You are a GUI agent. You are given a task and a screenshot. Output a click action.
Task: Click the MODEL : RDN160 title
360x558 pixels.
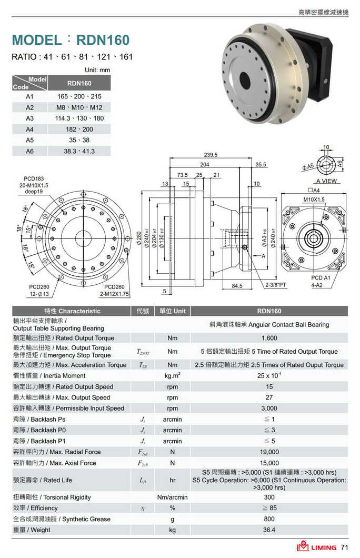click(71, 40)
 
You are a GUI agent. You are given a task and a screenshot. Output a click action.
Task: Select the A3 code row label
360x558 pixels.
click(29, 118)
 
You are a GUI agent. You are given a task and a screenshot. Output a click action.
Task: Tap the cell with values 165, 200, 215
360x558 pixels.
click(79, 97)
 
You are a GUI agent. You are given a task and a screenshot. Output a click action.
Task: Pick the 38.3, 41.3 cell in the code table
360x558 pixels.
click(79, 151)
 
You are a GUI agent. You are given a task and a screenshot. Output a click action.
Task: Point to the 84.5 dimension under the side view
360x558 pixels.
click(237, 286)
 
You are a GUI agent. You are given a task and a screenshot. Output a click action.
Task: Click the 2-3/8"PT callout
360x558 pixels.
click(276, 285)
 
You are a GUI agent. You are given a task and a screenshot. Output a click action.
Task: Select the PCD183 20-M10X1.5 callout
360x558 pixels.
click(34, 186)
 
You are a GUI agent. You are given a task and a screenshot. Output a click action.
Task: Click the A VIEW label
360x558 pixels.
click(327, 181)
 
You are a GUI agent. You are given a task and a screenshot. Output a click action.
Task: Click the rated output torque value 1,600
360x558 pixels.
click(269, 338)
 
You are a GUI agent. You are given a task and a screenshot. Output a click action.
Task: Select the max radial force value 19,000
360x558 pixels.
click(269, 452)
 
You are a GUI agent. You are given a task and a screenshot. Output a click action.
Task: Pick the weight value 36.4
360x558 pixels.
click(269, 530)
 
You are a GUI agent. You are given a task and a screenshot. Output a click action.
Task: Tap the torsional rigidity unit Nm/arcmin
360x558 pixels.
click(172, 497)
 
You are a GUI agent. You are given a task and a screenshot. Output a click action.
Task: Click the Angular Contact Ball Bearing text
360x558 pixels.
click(269, 325)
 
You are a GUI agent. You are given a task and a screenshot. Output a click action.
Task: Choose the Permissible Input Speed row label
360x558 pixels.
click(68, 408)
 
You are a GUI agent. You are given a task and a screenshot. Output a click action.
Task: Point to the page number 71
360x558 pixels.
click(345, 547)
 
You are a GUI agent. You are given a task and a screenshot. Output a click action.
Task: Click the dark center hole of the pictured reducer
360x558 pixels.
click(245, 81)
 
